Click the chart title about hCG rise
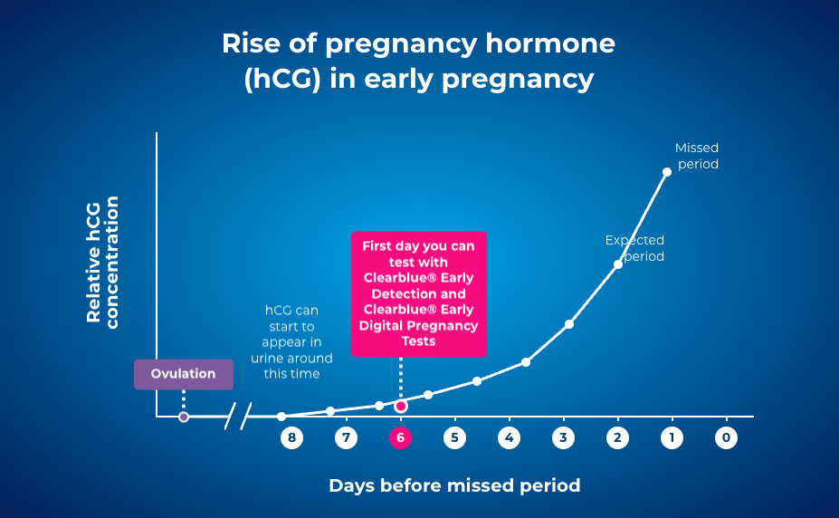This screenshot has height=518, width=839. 418,62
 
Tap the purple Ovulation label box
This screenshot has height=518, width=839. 184,374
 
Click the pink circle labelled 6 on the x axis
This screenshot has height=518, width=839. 400,437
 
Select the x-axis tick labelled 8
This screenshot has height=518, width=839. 291,437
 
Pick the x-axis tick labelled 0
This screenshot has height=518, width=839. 726,437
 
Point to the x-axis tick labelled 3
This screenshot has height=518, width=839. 563,437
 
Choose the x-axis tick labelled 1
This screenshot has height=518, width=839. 672,437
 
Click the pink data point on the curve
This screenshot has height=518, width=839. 401,406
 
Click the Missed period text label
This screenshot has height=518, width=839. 696,156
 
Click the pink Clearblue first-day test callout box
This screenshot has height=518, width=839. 419,293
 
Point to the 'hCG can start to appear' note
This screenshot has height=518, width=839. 291,341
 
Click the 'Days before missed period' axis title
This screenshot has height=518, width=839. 453,485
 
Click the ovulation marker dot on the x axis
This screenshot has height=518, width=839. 184,417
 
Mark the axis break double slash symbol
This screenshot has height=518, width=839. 237,417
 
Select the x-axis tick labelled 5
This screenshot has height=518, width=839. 454,437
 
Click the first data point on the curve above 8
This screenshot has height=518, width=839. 281,417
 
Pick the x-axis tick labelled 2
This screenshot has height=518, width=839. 617,437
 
